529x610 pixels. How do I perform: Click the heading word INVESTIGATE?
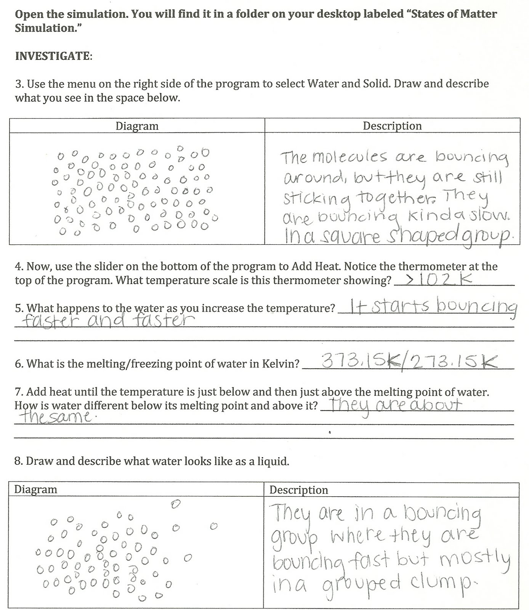point(53,56)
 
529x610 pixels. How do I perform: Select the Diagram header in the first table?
point(137,126)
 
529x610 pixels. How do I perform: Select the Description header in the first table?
point(392,126)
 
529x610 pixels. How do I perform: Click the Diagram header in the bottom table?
point(35,490)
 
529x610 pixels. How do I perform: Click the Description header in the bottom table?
point(298,490)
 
